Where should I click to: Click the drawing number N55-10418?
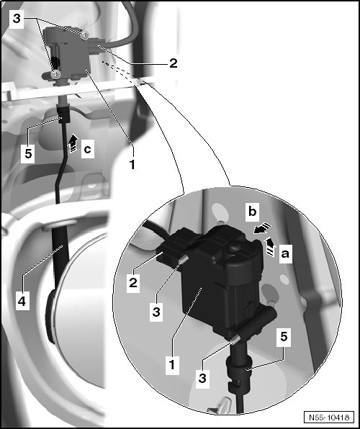tap(329, 417)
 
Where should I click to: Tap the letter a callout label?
tap(285, 253)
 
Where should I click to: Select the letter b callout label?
tap(252, 212)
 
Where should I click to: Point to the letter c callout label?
tap(88, 149)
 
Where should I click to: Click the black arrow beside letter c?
tap(73, 143)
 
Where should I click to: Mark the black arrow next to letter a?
tap(271, 247)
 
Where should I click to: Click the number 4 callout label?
tap(22, 301)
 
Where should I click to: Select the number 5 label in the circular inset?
tap(284, 337)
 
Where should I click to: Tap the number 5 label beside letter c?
tap(28, 154)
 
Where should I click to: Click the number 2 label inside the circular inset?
tap(133, 283)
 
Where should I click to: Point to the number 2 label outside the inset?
tap(174, 63)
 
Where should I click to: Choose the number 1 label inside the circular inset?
tap(172, 365)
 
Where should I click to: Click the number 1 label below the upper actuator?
tap(132, 164)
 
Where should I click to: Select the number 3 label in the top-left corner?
tap(17, 19)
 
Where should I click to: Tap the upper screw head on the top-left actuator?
tap(85, 35)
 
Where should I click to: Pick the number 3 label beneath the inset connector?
tap(156, 312)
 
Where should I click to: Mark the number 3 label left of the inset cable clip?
tap(202, 379)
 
